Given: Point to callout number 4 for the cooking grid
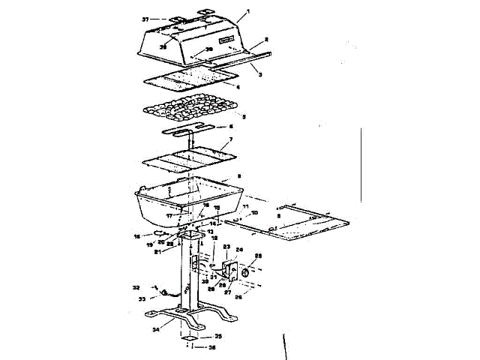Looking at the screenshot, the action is [238, 87].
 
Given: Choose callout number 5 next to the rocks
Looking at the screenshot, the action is [242, 117].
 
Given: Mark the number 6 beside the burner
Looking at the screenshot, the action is [229, 127].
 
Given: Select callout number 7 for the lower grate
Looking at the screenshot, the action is [230, 140].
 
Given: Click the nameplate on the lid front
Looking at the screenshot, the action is [228, 38].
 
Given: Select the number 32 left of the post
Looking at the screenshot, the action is [136, 286].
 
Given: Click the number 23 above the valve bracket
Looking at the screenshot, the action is [226, 246].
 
